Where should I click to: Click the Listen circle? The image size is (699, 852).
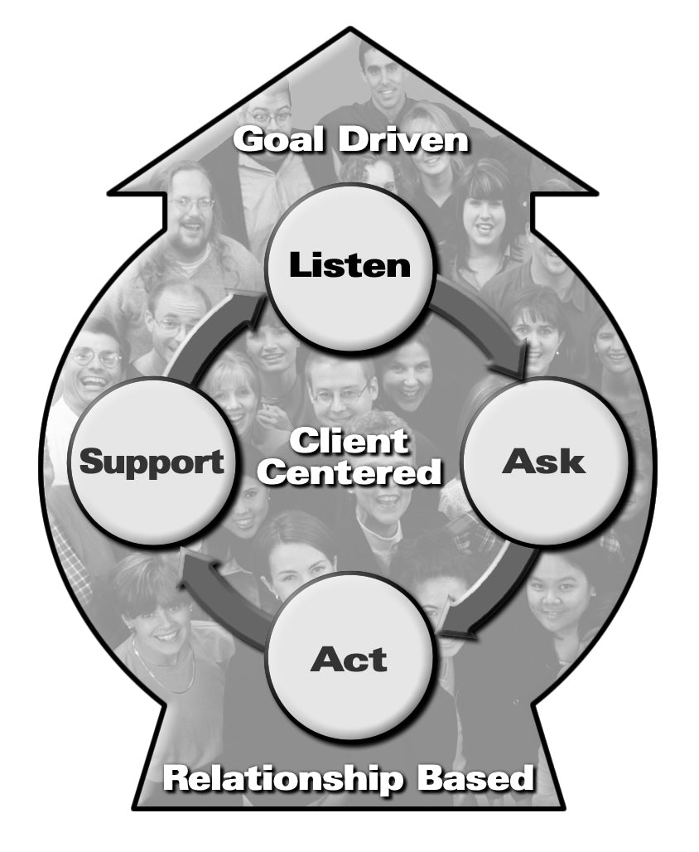[349, 265]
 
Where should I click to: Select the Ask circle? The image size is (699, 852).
[543, 462]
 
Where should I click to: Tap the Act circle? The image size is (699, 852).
[349, 659]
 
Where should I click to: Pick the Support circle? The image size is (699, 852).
[152, 462]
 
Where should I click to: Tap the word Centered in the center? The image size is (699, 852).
[354, 473]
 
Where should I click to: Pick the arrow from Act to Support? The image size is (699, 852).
[219, 593]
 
